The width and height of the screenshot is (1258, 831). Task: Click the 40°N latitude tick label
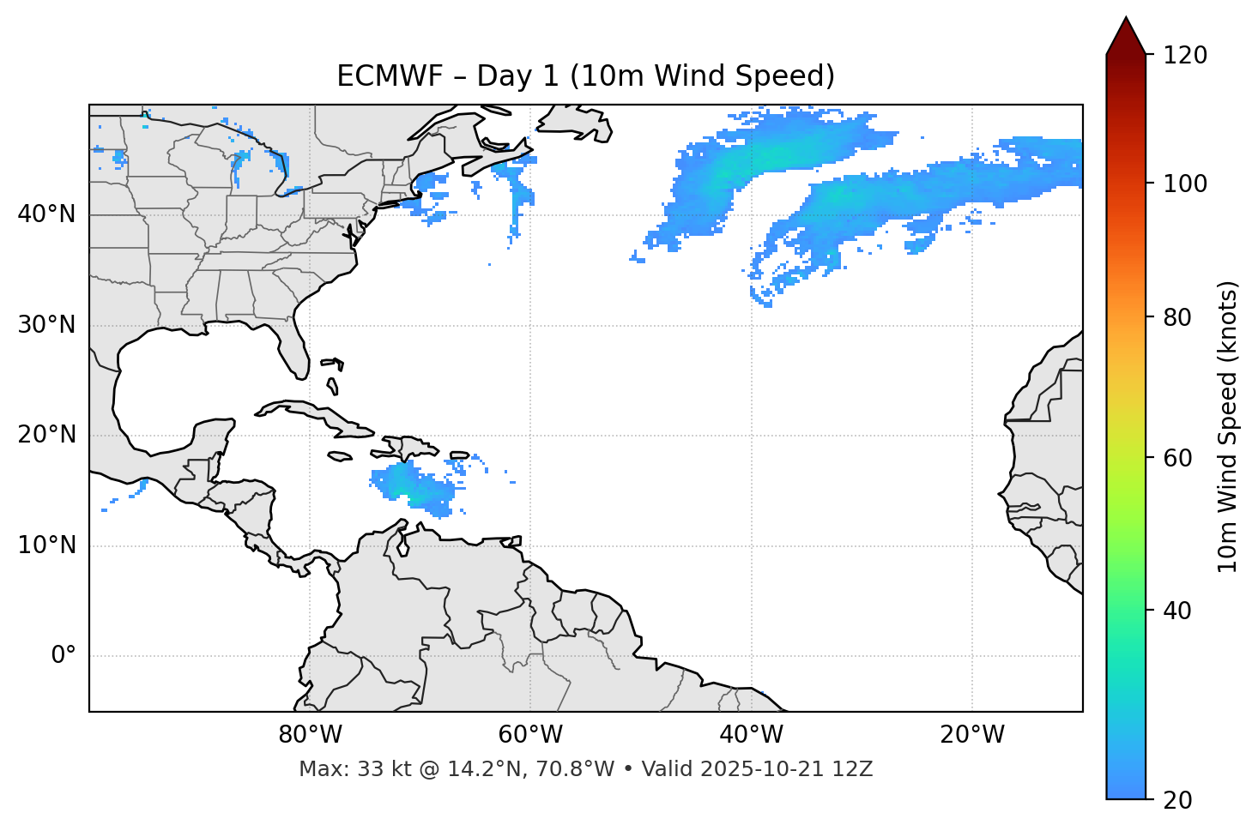click(46, 214)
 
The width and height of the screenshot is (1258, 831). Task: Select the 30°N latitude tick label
click(46, 325)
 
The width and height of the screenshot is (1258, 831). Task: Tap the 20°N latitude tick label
click(46, 435)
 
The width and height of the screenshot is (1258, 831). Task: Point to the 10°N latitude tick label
click(46, 545)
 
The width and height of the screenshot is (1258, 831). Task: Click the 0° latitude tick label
click(63, 656)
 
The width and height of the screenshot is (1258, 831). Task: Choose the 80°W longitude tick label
click(310, 735)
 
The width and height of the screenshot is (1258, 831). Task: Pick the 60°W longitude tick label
click(530, 735)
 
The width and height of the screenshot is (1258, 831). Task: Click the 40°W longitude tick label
click(751, 735)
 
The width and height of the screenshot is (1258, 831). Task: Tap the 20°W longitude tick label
click(971, 735)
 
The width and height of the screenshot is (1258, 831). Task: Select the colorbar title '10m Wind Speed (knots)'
click(1228, 426)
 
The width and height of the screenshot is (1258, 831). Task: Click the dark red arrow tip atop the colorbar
click(1126, 34)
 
